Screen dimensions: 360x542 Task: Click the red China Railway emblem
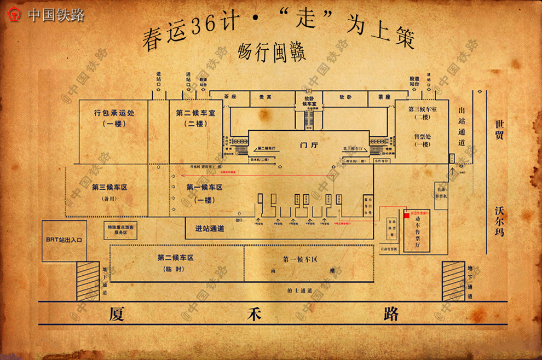click(x=16, y=15)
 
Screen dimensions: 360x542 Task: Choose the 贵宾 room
click(x=265, y=97)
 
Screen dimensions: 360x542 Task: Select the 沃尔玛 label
click(x=499, y=220)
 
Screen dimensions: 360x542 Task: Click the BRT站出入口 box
click(x=64, y=240)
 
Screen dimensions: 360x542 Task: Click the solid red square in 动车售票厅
click(x=406, y=217)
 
